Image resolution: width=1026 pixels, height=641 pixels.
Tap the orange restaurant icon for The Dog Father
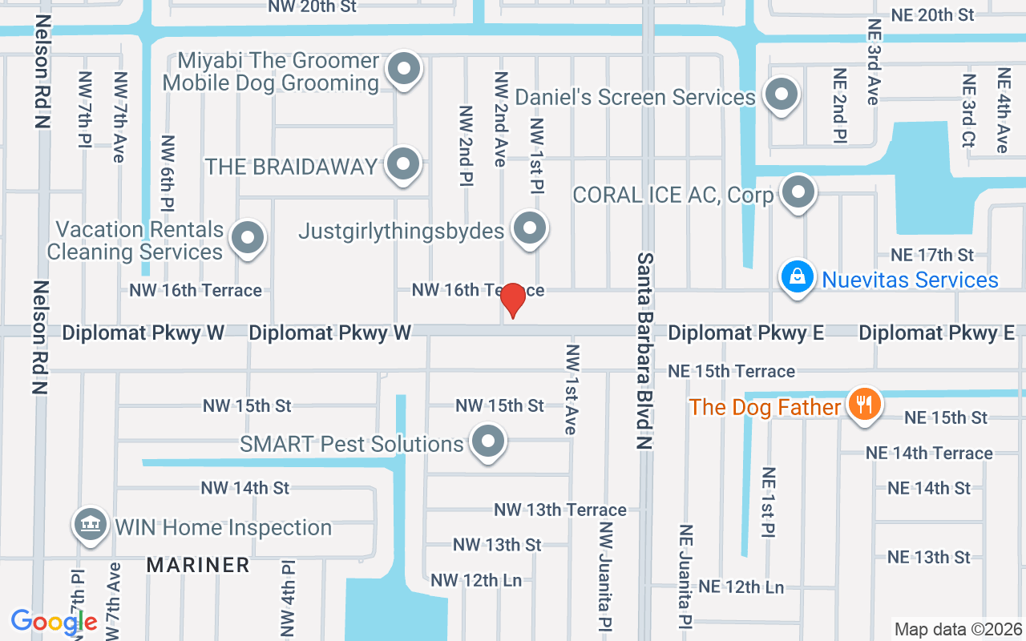pyautogui.click(x=863, y=403)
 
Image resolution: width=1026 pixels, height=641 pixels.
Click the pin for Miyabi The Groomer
pyautogui.click(x=404, y=69)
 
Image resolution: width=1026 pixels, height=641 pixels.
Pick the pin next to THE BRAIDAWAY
pyautogui.click(x=403, y=164)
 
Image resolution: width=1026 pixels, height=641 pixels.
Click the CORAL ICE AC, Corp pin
pyautogui.click(x=798, y=192)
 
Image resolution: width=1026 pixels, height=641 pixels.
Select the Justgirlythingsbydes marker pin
pyautogui.click(x=529, y=229)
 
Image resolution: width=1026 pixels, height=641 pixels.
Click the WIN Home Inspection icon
pyautogui.click(x=90, y=525)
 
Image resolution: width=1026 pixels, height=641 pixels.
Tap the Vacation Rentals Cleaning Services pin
pyautogui.click(x=248, y=238)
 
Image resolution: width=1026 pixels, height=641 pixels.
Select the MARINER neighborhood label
pyautogui.click(x=198, y=565)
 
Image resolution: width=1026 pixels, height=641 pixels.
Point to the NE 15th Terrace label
pyautogui.click(x=732, y=371)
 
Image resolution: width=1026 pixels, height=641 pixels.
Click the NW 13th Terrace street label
pyautogui.click(x=559, y=510)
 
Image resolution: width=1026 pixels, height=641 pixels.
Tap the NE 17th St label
pyautogui.click(x=932, y=255)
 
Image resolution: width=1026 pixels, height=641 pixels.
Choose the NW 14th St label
pyautogui.click(x=244, y=488)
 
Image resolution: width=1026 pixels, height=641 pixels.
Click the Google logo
pyautogui.click(x=54, y=621)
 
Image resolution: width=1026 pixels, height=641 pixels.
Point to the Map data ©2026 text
pyautogui.click(x=957, y=630)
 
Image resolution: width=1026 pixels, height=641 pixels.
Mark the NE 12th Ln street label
pyautogui.click(x=741, y=587)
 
